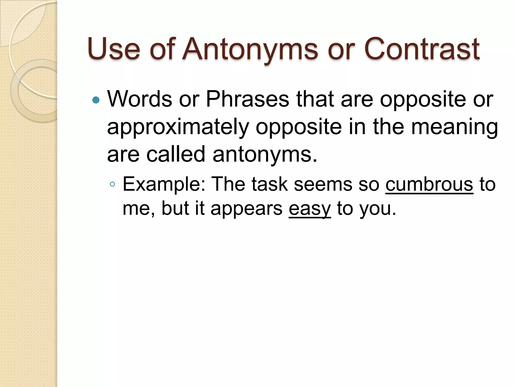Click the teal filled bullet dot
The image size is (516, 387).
point(96,101)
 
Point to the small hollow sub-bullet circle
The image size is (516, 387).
point(112,184)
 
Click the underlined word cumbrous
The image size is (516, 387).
point(429,184)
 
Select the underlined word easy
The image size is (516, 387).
point(309,209)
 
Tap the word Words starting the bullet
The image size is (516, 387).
point(140,99)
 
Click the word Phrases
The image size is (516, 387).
point(247,99)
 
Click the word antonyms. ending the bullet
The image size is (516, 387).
point(265,154)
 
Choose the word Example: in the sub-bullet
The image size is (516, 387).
point(164,184)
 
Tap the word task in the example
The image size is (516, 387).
point(269,184)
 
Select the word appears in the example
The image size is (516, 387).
point(246,209)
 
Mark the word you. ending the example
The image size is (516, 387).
point(378,209)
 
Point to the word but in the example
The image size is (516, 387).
point(175,209)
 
